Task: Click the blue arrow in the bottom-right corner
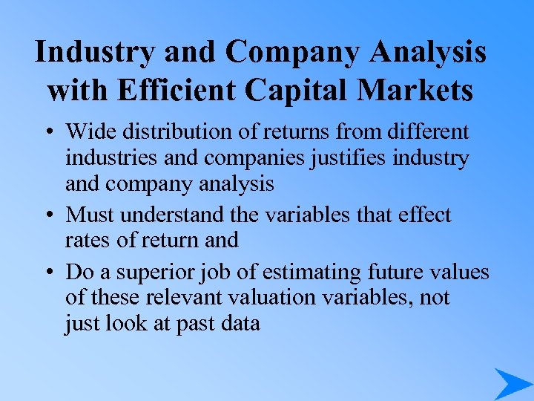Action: tap(512, 384)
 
